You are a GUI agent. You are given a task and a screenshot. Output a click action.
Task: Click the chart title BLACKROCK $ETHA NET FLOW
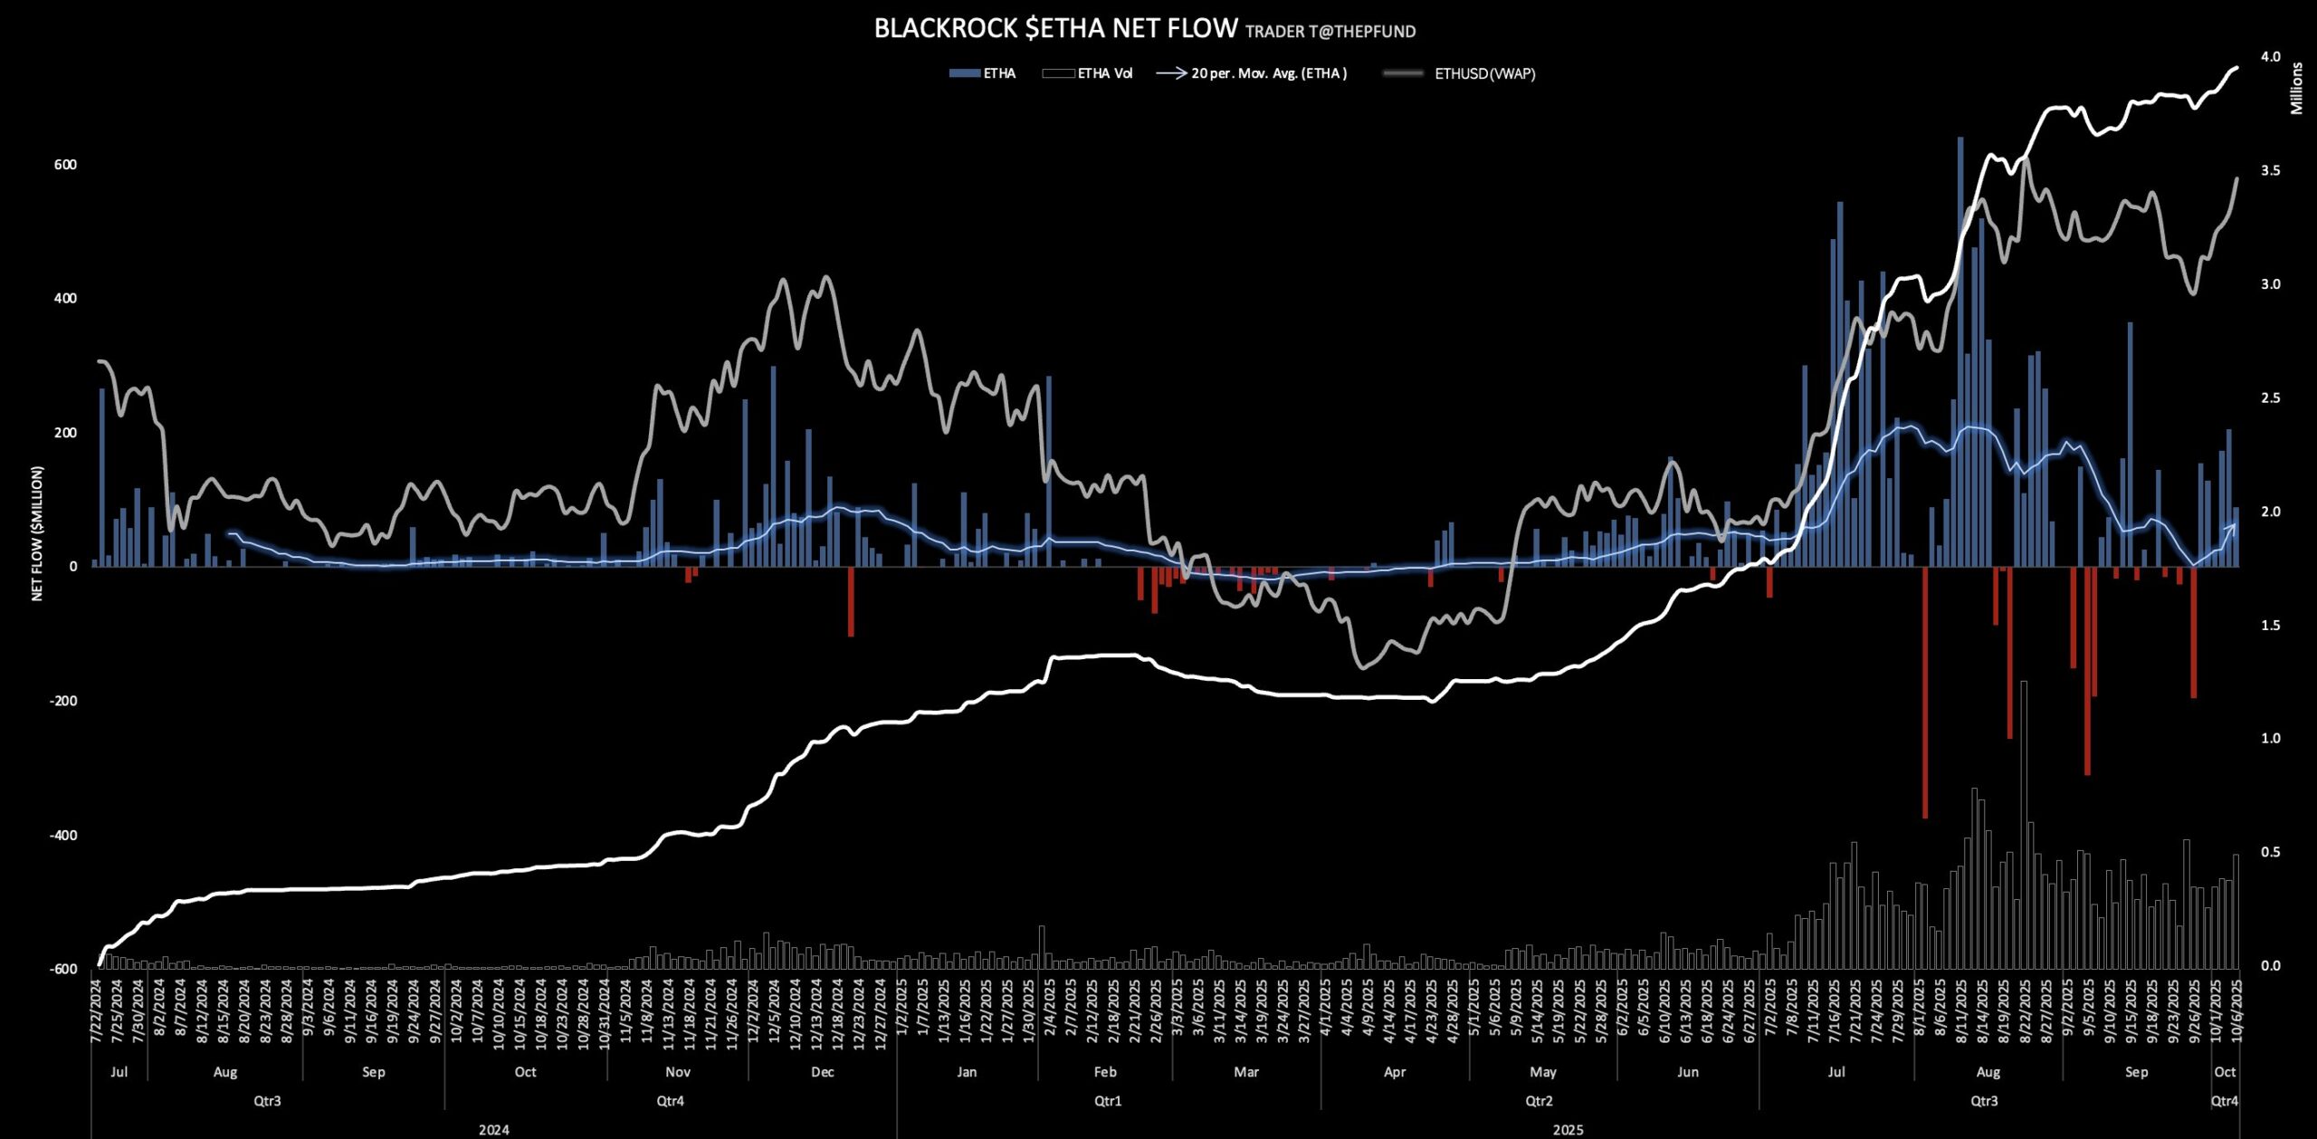[1055, 29]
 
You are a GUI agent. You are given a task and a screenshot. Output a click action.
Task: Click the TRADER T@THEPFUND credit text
[1330, 32]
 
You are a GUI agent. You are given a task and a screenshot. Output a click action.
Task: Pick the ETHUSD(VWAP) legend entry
[1484, 73]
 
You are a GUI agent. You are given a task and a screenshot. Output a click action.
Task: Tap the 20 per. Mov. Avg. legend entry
[1268, 73]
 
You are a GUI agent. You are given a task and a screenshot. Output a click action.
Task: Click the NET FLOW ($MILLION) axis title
[37, 533]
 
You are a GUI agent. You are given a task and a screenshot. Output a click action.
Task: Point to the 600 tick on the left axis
[65, 165]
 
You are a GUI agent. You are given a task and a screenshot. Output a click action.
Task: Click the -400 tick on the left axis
[63, 835]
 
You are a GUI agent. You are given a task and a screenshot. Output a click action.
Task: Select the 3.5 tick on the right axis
[2270, 170]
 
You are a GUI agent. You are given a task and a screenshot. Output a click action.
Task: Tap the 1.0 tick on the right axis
[2270, 738]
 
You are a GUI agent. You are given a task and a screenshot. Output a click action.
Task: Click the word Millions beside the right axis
[2296, 89]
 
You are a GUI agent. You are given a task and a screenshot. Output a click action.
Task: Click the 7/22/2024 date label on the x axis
[96, 1011]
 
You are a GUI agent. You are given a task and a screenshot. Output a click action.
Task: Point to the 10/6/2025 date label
[2236, 1011]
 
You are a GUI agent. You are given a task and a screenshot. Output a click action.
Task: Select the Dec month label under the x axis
[822, 1072]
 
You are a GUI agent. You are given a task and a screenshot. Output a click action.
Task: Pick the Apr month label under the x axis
[1395, 1072]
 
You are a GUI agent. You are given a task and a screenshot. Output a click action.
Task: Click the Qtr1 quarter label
[1108, 1101]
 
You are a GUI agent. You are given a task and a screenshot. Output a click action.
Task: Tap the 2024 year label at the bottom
[493, 1129]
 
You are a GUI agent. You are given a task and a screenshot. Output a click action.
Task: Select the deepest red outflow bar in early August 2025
[1925, 693]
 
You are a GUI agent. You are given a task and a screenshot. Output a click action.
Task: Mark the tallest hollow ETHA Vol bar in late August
[2024, 824]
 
